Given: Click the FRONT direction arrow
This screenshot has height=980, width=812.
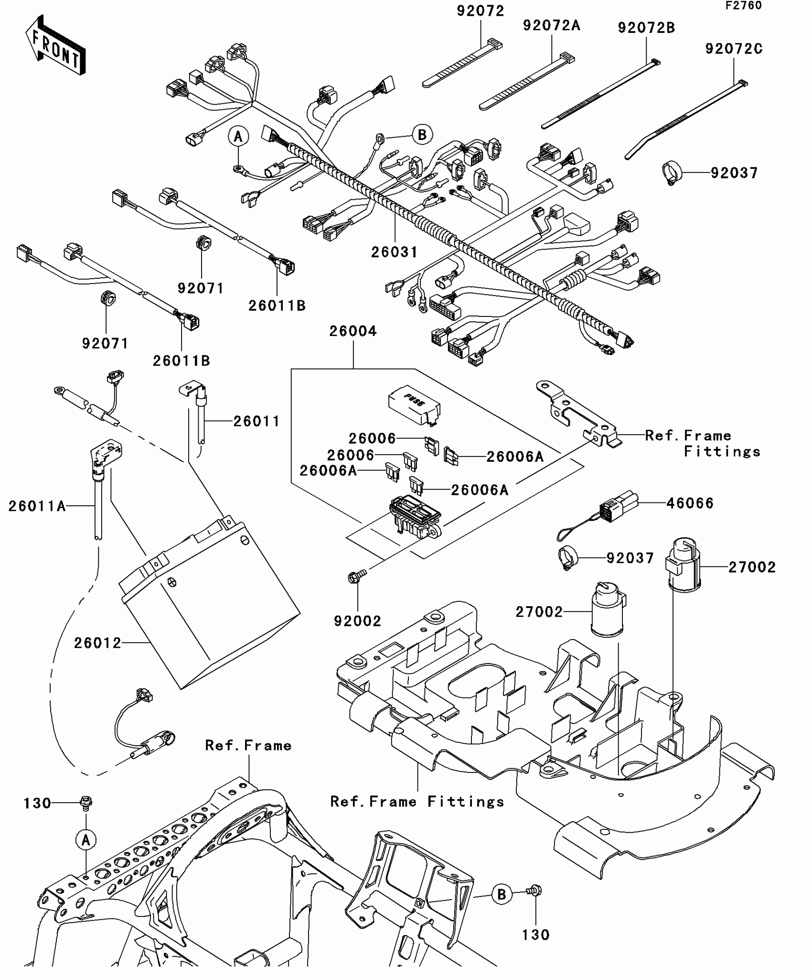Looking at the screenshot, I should (x=55, y=45).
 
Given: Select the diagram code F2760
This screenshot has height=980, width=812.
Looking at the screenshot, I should (x=743, y=6).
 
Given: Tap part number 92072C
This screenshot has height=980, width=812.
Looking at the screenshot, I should (x=734, y=49).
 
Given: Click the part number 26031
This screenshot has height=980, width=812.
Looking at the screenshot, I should (x=394, y=252).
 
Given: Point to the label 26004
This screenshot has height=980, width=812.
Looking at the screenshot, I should (x=353, y=331).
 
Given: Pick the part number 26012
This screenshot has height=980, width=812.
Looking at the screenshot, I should (x=97, y=643).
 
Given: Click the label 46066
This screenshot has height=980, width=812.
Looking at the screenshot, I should (x=690, y=503).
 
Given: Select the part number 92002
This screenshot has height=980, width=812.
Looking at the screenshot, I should (x=357, y=621).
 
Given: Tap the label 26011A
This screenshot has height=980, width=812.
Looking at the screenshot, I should (x=37, y=506).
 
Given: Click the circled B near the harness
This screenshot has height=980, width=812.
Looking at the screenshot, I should (x=422, y=135).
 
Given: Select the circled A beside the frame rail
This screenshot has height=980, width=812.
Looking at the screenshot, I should (x=86, y=840).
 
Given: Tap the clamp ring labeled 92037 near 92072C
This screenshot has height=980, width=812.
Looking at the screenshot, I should (x=671, y=173).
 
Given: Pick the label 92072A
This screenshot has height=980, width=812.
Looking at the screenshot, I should (x=551, y=25).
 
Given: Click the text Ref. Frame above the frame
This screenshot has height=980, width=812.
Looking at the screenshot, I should (x=248, y=745).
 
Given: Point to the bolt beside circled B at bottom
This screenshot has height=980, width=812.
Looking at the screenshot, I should (x=534, y=891).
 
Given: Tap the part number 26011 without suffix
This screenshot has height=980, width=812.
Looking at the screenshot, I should (x=256, y=421).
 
